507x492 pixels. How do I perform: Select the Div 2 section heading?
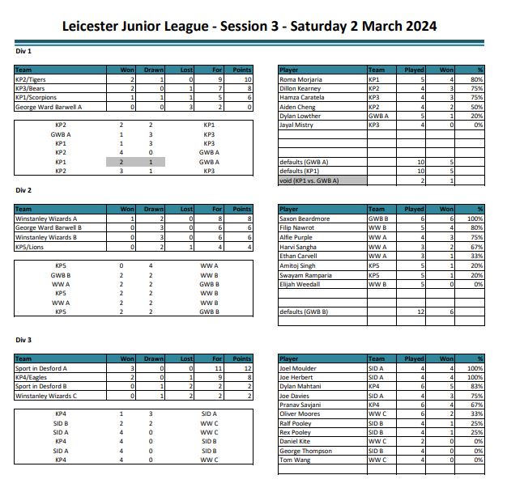[x=23, y=190]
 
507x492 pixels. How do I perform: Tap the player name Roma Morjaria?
[x=300, y=80]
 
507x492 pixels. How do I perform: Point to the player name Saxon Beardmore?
[x=305, y=218]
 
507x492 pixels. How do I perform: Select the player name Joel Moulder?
[x=298, y=369]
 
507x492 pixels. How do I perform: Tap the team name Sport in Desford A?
[x=41, y=369]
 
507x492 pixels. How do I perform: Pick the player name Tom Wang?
[x=294, y=460]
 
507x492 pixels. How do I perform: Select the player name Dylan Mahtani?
[x=301, y=387]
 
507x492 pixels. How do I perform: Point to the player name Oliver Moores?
[x=300, y=414]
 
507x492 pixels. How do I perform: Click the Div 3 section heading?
[x=23, y=340]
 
